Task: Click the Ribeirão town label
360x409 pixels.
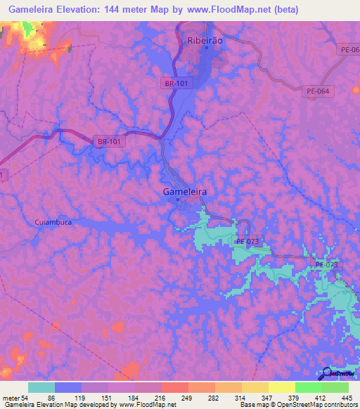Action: pyautogui.click(x=206, y=41)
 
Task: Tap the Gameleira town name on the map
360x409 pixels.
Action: pyautogui.click(x=179, y=191)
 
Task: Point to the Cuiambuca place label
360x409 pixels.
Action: pyautogui.click(x=53, y=222)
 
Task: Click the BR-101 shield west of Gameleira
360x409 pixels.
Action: pyautogui.click(x=108, y=141)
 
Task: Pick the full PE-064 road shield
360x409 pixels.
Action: pyautogui.click(x=319, y=91)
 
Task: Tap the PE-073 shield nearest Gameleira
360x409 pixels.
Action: pyautogui.click(x=247, y=242)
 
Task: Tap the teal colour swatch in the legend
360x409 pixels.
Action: pyautogui.click(x=41, y=388)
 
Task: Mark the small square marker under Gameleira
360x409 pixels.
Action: pyautogui.click(x=178, y=199)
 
